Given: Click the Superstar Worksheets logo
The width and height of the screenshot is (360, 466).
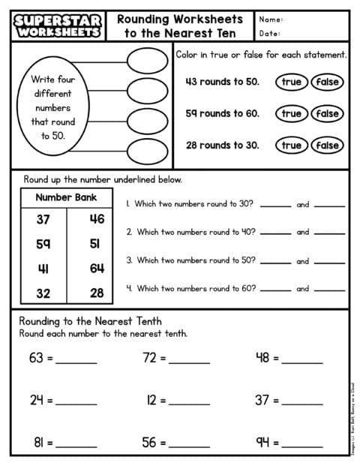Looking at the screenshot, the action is pyautogui.click(x=56, y=26).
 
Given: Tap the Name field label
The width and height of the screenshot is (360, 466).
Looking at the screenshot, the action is pyautogui.click(x=272, y=20).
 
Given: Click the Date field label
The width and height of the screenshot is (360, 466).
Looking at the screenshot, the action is pyautogui.click(x=271, y=34).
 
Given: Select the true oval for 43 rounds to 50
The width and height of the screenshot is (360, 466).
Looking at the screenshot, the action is pyautogui.click(x=291, y=82).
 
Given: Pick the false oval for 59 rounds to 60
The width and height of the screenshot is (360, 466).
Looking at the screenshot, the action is pyautogui.click(x=327, y=113).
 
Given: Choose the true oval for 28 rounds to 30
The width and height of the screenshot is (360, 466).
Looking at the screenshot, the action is pyautogui.click(x=291, y=145).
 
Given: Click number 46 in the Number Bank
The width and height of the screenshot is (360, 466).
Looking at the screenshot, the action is pyautogui.click(x=97, y=219).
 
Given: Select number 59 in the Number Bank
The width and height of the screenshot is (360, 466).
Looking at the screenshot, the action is pyautogui.click(x=43, y=244).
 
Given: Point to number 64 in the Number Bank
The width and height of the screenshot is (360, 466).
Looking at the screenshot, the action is pyautogui.click(x=97, y=268).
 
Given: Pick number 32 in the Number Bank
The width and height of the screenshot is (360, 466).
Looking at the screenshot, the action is pyautogui.click(x=43, y=293).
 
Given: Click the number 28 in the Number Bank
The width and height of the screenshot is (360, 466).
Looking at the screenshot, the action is pyautogui.click(x=97, y=293).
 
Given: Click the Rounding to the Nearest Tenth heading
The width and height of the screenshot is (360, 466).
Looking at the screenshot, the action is pyautogui.click(x=90, y=321).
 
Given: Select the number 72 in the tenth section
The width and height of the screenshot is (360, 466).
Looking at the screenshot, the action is pyautogui.click(x=149, y=358).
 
